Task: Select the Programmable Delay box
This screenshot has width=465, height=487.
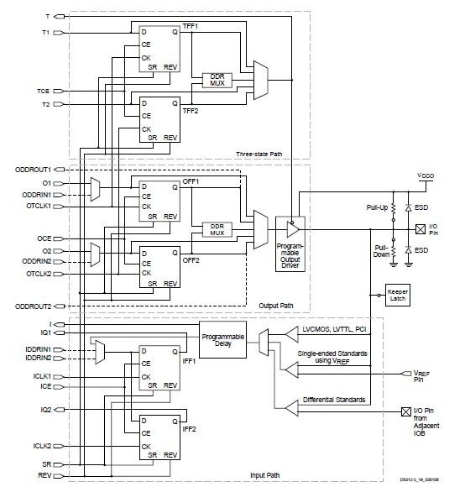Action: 222,339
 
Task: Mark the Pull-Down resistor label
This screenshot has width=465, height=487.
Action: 380,251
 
